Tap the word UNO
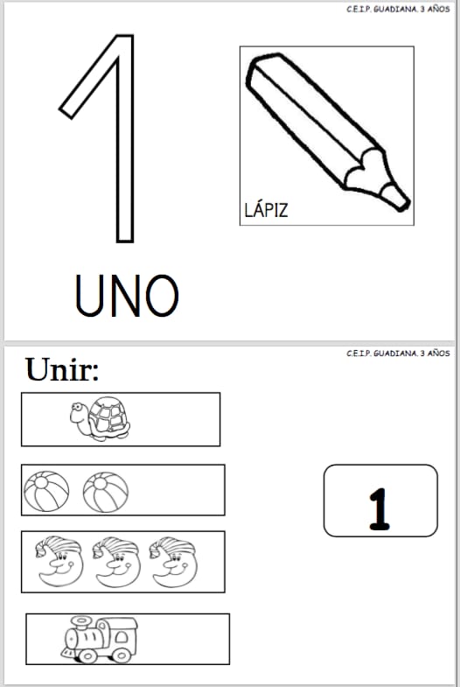127,295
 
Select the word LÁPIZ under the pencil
266,210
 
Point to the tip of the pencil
405,205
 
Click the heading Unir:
62,369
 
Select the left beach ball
46,491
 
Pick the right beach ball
106,492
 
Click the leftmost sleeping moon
59,561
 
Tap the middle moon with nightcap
116,562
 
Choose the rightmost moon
173,562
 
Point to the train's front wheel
88,655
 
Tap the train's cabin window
122,637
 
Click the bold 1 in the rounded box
379,509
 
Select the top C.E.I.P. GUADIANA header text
398,10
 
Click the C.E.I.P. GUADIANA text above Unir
398,354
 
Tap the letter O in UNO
162,296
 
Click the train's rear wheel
121,654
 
